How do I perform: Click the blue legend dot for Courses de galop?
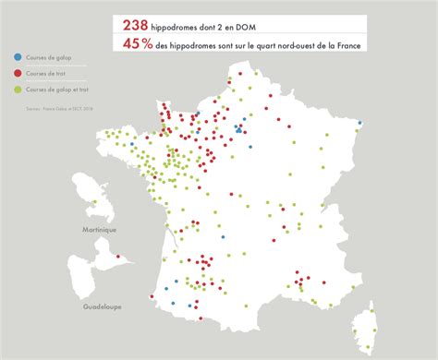point(18,57)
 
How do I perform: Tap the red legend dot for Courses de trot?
point(18,73)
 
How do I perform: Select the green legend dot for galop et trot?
point(18,89)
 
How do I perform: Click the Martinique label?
point(100,229)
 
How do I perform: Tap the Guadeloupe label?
point(103,305)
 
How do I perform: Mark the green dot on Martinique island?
point(95,199)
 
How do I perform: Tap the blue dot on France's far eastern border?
point(360,123)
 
